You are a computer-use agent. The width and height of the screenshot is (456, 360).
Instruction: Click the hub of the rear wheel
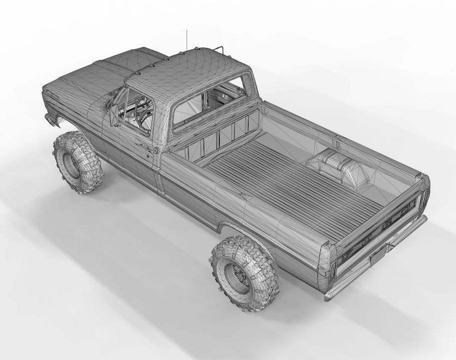(x=234, y=274)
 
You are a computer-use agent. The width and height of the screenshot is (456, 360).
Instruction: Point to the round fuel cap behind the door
(x=156, y=149)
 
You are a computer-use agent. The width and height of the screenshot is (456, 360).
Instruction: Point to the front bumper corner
(x=48, y=118)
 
